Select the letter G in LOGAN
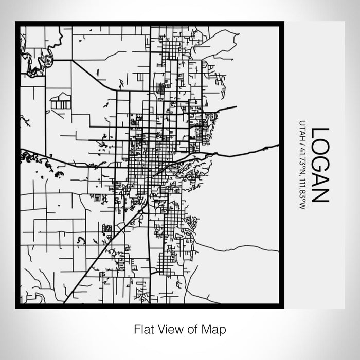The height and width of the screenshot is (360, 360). click(x=319, y=164)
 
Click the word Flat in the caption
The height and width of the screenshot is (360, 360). click(x=143, y=328)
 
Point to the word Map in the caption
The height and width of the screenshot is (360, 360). click(x=216, y=328)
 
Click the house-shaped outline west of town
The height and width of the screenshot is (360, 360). click(x=61, y=101)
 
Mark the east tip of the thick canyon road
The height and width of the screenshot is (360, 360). click(x=278, y=146)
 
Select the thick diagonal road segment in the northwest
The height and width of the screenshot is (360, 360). click(x=93, y=75)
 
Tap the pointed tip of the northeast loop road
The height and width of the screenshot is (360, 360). click(x=238, y=34)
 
